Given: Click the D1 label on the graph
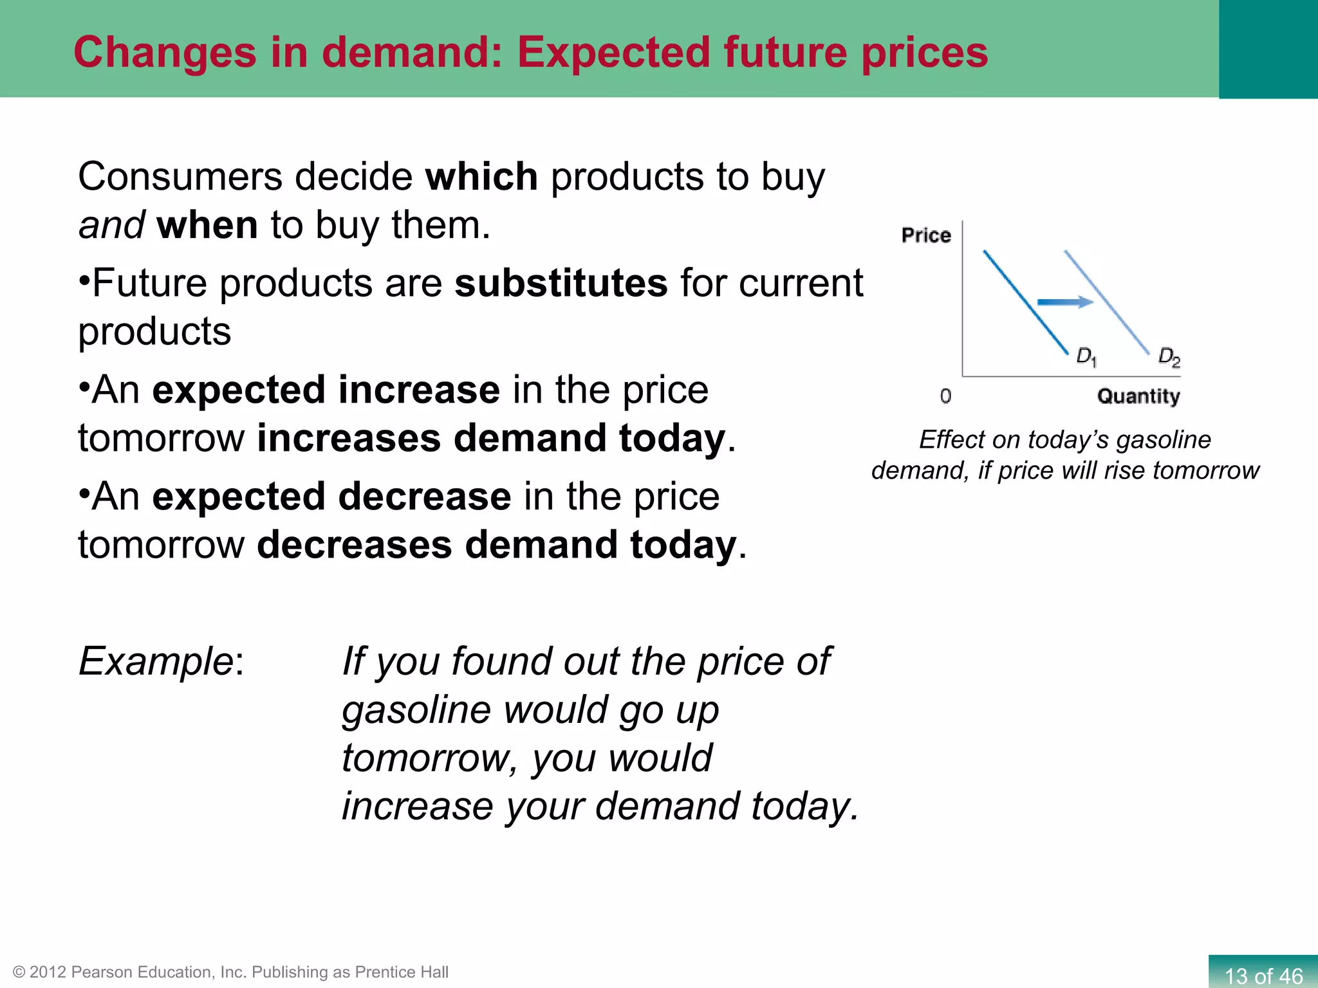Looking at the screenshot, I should (x=1086, y=357).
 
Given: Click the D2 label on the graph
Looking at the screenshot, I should (x=1169, y=357).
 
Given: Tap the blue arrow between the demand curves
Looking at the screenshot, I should (x=1065, y=302).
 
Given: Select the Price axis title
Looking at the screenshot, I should (x=926, y=235).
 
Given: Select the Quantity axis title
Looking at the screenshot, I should (x=1138, y=396).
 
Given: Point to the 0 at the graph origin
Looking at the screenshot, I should (x=945, y=396).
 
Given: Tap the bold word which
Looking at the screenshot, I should (x=481, y=177).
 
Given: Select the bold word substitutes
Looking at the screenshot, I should (x=561, y=283).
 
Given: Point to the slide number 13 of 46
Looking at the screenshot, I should (x=1263, y=975).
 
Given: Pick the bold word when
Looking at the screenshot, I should (x=207, y=225).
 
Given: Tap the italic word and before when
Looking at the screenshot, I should (x=111, y=225).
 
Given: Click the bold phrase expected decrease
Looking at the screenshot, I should (x=331, y=497).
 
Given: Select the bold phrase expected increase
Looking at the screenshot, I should (x=326, y=390).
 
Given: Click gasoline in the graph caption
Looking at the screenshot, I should (x=1164, y=440).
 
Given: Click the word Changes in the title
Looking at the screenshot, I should (x=165, y=52).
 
